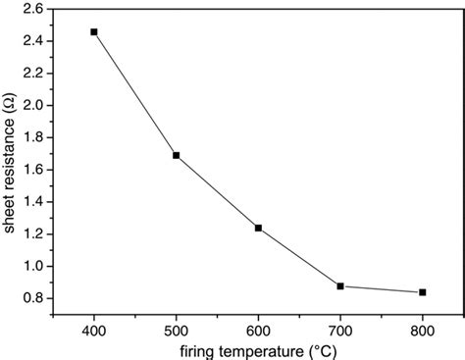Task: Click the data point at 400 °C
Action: click(x=94, y=32)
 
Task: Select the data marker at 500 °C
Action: click(x=176, y=155)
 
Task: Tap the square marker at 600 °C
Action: click(x=258, y=228)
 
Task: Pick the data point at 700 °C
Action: click(x=340, y=285)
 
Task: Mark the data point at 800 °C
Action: click(x=422, y=292)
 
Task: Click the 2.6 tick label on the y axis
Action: click(x=31, y=8)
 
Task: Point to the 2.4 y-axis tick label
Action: click(x=31, y=40)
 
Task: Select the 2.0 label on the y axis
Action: click(x=31, y=105)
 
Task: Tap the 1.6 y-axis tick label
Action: click(x=31, y=170)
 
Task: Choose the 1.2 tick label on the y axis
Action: click(x=31, y=233)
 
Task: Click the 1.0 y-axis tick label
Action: click(x=31, y=266)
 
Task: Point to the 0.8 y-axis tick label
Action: click(x=31, y=298)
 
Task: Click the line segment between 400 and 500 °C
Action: click(x=134, y=93)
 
